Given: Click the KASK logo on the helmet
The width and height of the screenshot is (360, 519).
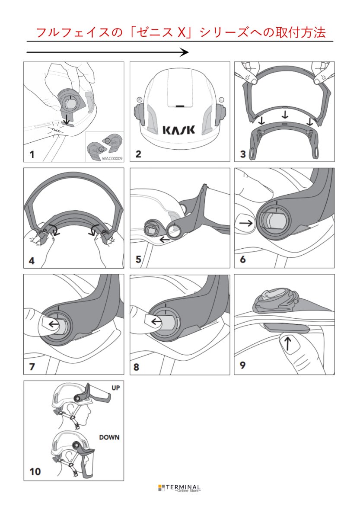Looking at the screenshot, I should (x=179, y=129).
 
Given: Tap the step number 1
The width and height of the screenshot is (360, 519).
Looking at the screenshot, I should (x=32, y=154).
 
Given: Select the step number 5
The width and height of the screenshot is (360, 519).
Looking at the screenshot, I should (x=138, y=259).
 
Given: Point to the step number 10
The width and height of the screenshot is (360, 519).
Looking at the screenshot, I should (x=35, y=471).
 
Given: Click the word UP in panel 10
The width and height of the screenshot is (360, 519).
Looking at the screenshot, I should (x=115, y=388).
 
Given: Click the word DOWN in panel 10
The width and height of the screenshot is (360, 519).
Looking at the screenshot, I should (x=109, y=437).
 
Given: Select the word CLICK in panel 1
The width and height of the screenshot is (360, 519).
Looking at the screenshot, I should (x=56, y=129).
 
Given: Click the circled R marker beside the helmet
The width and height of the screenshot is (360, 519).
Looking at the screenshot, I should (x=139, y=99).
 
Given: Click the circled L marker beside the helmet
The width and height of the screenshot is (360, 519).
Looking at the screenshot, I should (x=221, y=99).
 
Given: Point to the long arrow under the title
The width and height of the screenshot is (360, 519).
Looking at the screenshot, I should (x=108, y=52).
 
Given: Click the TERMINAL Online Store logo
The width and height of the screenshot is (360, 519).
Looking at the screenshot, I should (x=179, y=488).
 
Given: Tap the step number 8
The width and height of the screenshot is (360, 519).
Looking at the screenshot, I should (x=137, y=367).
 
